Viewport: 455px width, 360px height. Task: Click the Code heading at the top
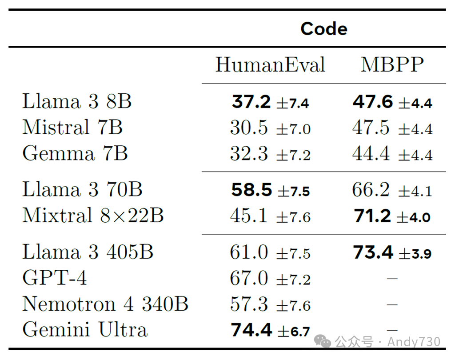pos(324,29)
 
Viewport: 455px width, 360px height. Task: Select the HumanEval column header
pos(270,65)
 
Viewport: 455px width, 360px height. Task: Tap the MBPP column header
pos(392,65)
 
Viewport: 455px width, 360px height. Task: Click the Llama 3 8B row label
pos(77,101)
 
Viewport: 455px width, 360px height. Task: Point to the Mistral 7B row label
pos(72,128)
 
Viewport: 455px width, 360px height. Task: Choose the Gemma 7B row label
pos(75,154)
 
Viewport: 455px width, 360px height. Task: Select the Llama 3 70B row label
pos(82,190)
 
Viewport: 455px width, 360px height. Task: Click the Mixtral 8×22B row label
pos(93,216)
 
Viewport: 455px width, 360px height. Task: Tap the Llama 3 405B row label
pos(88,252)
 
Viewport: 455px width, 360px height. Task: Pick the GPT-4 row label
pos(55,278)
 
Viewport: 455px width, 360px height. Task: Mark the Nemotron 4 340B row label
pos(105,304)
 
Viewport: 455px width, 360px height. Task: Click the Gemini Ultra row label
pos(84,330)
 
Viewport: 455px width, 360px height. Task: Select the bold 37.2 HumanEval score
pos(251,102)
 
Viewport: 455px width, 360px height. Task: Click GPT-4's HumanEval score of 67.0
pos(249,279)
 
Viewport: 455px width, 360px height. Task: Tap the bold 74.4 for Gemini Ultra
pos(251,330)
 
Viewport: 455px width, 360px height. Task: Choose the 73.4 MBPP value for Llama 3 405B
pos(373,252)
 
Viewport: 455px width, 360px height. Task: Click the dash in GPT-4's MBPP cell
pos(392,279)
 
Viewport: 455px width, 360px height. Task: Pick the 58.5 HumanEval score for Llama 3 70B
pos(251,190)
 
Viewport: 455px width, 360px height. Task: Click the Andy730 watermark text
pos(414,341)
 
